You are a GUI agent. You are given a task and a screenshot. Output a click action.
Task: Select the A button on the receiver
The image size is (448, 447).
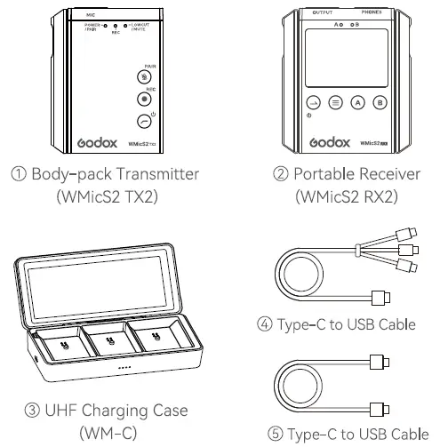357,102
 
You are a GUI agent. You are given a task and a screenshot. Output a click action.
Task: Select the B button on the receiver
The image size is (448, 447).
380,102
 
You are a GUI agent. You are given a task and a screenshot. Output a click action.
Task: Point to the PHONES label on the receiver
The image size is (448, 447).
373,12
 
